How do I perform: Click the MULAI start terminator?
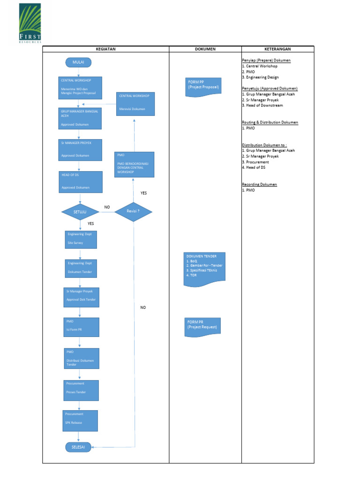[79, 62]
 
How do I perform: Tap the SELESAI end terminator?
[78, 447]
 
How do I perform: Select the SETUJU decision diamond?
[80, 212]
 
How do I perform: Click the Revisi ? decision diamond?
[133, 211]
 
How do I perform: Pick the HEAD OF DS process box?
[82, 182]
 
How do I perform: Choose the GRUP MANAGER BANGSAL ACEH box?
[80, 118]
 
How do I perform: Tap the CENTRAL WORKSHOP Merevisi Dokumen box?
[135, 104]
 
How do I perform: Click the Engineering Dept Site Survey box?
[81, 239]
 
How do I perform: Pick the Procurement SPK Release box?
[80, 420]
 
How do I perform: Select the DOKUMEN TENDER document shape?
[204, 269]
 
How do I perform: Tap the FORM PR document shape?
[202, 326]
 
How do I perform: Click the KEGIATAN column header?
[105, 49]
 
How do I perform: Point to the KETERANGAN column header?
[277, 49]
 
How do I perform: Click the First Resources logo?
[30, 23]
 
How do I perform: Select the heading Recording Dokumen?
[259, 184]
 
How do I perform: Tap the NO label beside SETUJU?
[107, 207]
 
